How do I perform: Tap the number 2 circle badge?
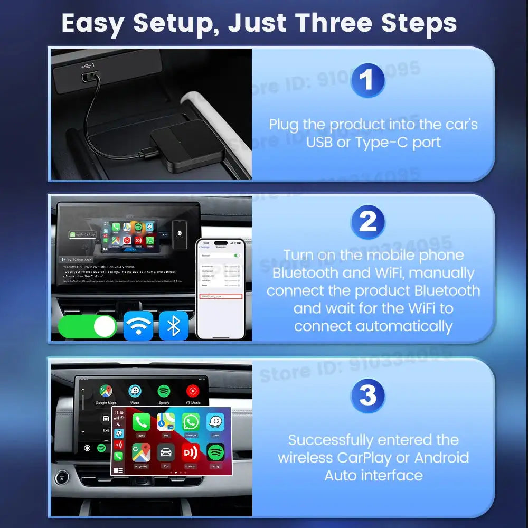[x=367, y=222]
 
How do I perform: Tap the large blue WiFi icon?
[x=138, y=326]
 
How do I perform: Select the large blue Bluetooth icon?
[x=173, y=326]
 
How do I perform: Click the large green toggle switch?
[x=88, y=326]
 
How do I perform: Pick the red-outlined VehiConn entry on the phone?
[x=221, y=297]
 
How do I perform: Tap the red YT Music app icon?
[x=193, y=391]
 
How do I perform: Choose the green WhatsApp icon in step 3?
[x=191, y=422]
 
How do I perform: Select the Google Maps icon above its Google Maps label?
[x=106, y=391]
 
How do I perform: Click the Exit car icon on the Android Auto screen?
[x=106, y=420]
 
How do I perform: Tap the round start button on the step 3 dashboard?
[x=62, y=478]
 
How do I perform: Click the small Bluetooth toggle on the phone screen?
[x=237, y=256]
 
